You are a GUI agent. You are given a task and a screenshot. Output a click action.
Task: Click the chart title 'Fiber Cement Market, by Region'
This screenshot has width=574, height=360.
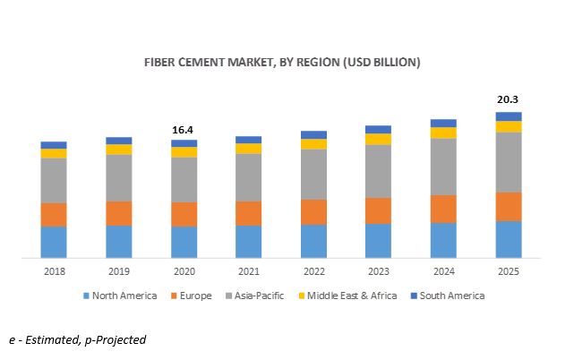[x=282, y=63]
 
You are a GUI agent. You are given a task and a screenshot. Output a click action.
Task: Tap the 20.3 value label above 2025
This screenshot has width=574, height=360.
[x=509, y=100]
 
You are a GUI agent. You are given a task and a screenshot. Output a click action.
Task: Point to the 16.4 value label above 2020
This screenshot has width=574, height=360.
[x=184, y=129]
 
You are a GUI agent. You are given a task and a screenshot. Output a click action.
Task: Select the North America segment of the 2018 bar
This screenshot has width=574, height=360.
[x=54, y=242]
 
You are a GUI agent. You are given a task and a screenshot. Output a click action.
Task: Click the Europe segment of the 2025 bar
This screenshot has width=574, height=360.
[x=509, y=206]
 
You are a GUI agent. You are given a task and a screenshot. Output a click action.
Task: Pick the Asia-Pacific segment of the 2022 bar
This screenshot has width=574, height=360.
[x=313, y=174]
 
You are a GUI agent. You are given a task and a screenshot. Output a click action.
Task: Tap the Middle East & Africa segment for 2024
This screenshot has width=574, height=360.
[x=443, y=133]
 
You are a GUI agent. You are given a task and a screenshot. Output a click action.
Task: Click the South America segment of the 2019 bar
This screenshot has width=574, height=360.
[x=119, y=141]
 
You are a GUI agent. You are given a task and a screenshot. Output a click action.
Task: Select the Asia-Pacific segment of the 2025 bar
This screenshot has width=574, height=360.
[x=509, y=162]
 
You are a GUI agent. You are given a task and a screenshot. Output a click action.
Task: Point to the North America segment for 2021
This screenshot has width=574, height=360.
[x=249, y=242]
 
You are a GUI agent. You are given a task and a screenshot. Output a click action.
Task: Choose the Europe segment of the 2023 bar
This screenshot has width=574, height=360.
[x=379, y=210]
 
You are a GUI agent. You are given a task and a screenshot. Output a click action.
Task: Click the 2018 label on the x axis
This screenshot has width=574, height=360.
[x=54, y=271]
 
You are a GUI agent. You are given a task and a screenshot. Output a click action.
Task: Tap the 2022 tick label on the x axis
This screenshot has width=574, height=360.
[x=313, y=271]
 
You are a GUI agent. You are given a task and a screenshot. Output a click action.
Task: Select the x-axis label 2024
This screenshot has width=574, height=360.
[x=443, y=271]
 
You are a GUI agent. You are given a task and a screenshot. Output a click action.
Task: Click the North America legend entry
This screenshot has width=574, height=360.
[x=120, y=296]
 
